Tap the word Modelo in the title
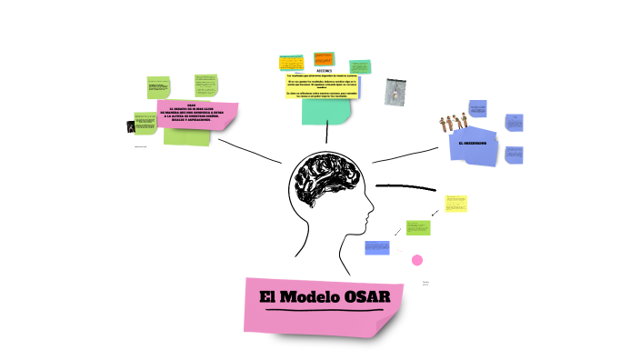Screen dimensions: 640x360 point(307,296)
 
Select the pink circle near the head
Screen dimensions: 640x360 point(417,260)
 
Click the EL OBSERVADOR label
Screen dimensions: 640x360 point(473,143)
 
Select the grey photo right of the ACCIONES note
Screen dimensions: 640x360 point(395,91)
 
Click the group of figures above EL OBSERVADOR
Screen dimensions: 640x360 point(464,120)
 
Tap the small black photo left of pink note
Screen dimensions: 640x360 point(131,126)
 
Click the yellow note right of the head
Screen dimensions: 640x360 point(455,204)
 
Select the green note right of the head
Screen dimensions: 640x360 point(418,227)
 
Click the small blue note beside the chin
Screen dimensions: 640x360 point(377,247)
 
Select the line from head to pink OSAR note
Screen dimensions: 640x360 point(250,151)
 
